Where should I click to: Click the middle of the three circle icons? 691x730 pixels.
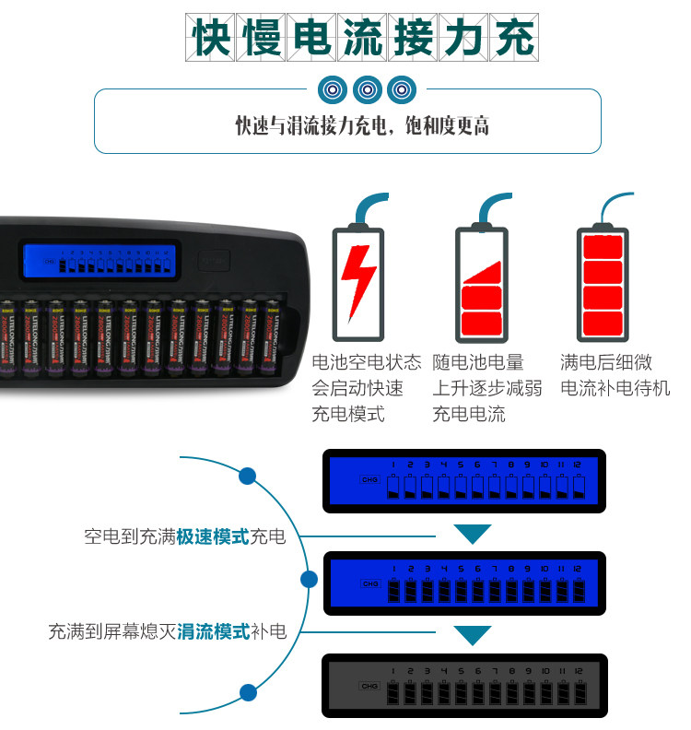pyautogui.click(x=368, y=89)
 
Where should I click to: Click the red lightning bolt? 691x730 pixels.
pyautogui.click(x=358, y=276)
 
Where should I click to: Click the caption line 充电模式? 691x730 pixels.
pyautogui.click(x=348, y=414)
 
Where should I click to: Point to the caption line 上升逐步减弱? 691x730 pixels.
pyautogui.click(x=487, y=388)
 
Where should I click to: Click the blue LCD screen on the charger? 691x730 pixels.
pyautogui.click(x=97, y=261)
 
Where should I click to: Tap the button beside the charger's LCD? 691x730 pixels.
pyautogui.click(x=214, y=261)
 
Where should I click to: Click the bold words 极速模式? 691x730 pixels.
pyautogui.click(x=214, y=536)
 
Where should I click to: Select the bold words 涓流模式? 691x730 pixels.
pyautogui.click(x=214, y=632)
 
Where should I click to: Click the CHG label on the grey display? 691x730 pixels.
pyautogui.click(x=370, y=687)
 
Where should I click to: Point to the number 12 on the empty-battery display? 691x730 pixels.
pyautogui.click(x=579, y=464)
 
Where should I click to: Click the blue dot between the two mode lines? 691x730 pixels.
pyautogui.click(x=310, y=580)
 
